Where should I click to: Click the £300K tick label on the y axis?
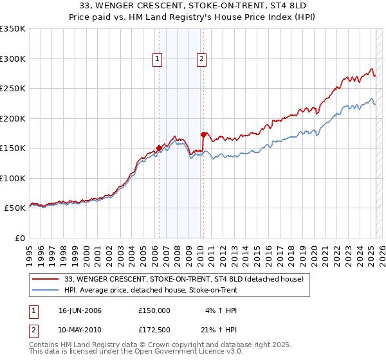(x=12, y=59)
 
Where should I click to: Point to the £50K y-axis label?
(x=15, y=208)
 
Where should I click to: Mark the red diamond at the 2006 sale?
(x=159, y=148)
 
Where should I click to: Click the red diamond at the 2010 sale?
(x=203, y=135)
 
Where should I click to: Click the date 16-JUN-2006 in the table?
(x=80, y=310)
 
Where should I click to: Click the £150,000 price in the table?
(x=154, y=310)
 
